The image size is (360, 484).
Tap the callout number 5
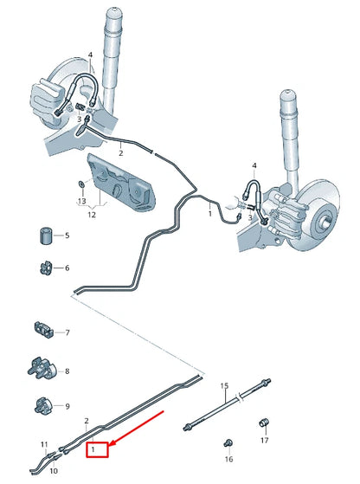(67, 236)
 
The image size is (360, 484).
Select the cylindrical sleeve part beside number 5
(45, 236)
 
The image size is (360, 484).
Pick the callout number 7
(67, 332)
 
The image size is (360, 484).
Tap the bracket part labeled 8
(42, 370)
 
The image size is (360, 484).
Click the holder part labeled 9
(43, 404)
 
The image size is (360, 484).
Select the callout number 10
(54, 471)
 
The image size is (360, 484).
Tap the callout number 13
(81, 200)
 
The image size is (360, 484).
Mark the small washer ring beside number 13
(81, 184)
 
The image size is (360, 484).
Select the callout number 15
(223, 385)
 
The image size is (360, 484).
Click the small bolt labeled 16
(228, 442)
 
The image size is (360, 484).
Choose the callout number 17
(265, 440)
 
